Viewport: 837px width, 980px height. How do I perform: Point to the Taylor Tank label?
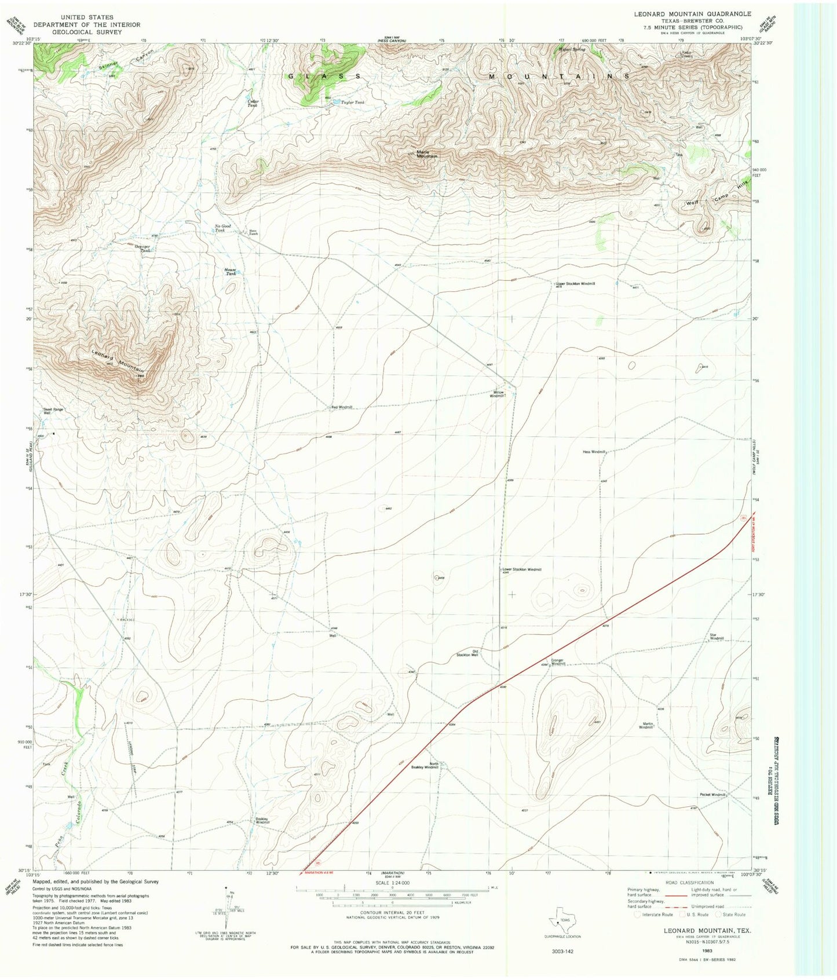tap(353, 102)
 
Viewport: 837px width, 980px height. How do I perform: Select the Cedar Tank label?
tap(253, 103)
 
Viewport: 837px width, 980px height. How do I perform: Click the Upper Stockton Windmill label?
tap(575, 284)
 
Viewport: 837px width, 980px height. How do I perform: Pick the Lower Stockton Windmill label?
tap(522, 569)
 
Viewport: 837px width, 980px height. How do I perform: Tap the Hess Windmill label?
tap(594, 452)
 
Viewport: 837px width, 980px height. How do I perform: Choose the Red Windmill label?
tap(342, 407)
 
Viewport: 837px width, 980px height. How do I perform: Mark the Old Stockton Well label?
tap(467, 653)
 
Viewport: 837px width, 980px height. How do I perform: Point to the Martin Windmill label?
tap(646, 725)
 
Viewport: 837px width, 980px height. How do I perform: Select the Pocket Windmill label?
tap(712, 795)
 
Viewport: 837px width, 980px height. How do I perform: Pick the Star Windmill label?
tap(717, 637)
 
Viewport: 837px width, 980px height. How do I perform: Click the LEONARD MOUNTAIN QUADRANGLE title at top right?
tap(684, 14)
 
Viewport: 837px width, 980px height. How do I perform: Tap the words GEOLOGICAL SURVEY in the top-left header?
tap(87, 32)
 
